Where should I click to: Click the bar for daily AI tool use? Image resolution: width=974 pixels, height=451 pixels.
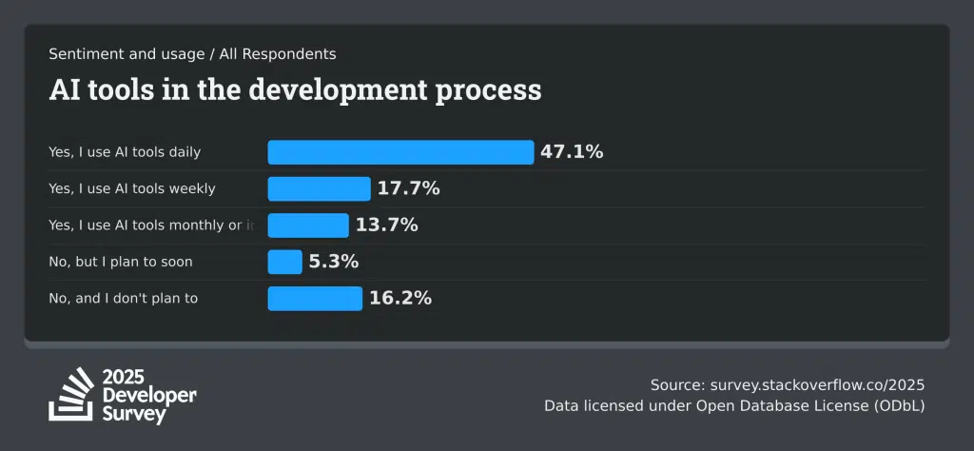point(400,152)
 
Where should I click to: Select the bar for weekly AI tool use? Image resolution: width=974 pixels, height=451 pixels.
point(319,188)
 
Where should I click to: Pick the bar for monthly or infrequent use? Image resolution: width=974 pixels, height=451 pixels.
point(308,225)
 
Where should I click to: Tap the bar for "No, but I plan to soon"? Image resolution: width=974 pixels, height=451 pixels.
point(284,262)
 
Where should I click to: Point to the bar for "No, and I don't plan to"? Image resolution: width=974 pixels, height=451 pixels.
point(315,298)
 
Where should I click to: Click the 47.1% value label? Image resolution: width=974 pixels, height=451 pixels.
point(572,152)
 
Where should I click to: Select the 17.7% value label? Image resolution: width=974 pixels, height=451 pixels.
point(408,188)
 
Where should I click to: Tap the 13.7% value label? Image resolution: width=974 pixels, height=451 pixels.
point(386,225)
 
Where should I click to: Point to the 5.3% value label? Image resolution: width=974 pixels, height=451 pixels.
point(333,262)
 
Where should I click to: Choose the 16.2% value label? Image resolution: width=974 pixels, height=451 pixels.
point(400,298)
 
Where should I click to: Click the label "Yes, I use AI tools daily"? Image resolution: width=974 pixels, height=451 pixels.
point(125,152)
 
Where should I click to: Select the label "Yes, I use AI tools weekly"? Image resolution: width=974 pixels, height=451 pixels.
point(132,188)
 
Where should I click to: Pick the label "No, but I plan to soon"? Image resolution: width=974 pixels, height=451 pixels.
point(121,262)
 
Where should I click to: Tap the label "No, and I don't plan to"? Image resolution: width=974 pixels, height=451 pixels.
point(124,298)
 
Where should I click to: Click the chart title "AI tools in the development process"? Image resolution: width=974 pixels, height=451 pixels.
point(295,89)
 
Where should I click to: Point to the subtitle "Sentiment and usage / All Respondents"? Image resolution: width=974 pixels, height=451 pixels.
point(192,54)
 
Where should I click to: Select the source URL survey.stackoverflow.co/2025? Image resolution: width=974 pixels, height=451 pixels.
point(817,385)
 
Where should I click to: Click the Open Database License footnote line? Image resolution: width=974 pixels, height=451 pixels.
point(734,406)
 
